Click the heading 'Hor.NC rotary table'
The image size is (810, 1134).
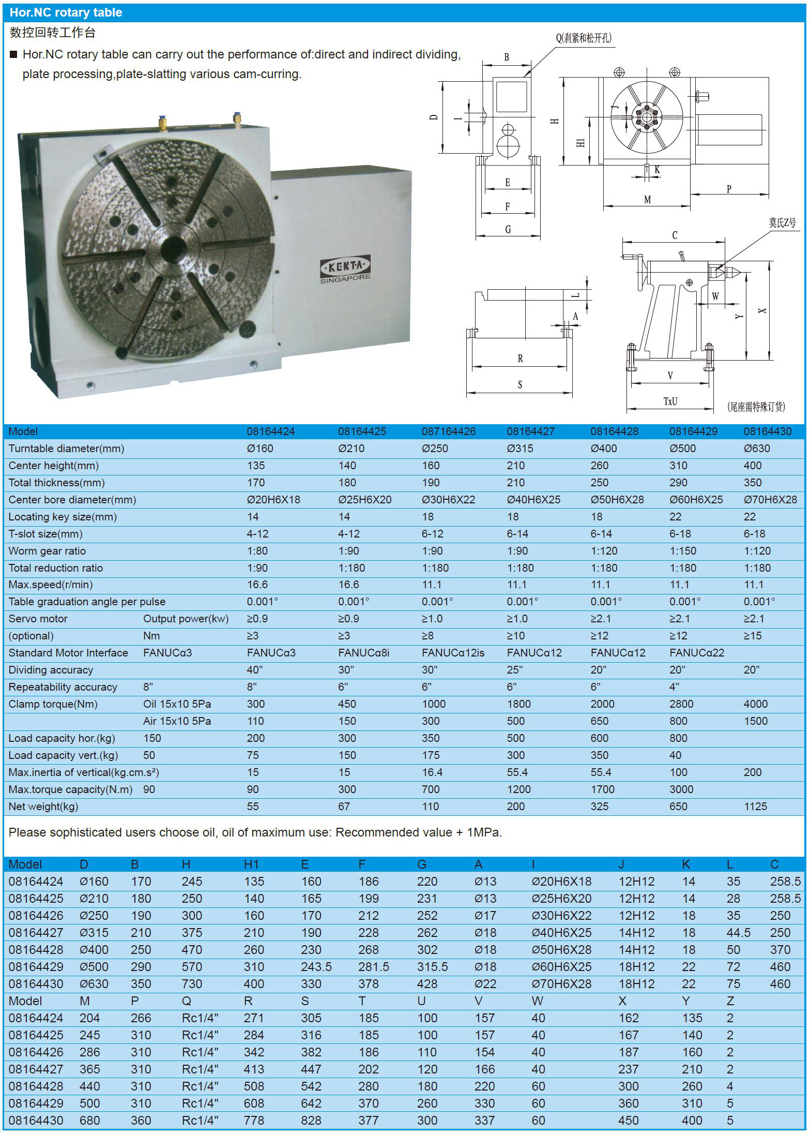(x=66, y=12)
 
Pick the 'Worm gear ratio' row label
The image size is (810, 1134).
(x=47, y=551)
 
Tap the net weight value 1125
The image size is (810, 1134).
(x=755, y=807)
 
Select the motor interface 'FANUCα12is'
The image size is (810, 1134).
(x=453, y=653)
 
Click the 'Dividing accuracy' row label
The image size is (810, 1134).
(x=51, y=670)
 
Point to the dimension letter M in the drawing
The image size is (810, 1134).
(x=647, y=199)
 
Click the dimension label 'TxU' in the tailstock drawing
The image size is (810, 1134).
(x=670, y=401)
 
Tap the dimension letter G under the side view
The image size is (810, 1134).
(x=508, y=229)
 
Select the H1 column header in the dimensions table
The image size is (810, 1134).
(x=251, y=864)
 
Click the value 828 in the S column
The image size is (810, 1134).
(x=311, y=1121)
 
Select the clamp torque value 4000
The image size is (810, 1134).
(x=755, y=704)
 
